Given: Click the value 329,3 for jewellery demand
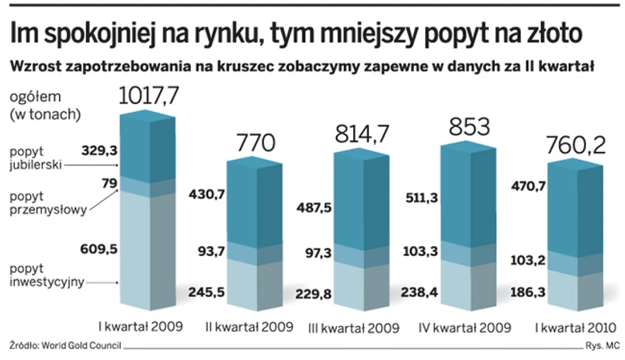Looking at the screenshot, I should coord(98,150).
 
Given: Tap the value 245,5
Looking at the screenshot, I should coord(206,292).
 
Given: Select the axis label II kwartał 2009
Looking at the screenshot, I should coord(249,326).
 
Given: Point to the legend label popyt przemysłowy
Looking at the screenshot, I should coord(43,203).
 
